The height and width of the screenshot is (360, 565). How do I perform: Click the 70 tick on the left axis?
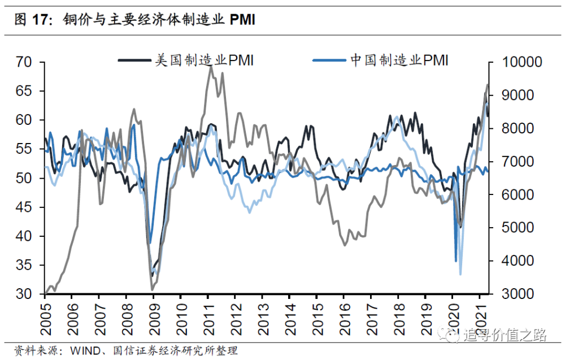coord(24,62)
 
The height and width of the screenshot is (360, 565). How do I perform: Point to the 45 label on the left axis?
coord(24,207)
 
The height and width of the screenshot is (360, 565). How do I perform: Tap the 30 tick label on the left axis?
coord(24,294)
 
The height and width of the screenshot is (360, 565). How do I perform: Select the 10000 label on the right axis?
coord(522,62)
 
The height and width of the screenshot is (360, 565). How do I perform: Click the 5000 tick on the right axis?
coord(518,228)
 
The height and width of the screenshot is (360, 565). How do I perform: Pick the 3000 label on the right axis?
coord(518,294)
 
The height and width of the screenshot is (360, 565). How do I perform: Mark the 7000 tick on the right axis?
coord(518,162)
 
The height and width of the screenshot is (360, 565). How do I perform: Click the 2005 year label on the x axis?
coord(46,319)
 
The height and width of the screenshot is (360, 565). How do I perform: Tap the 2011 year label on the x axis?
coord(209,319)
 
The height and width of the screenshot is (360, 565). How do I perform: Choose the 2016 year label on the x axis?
coord(345,319)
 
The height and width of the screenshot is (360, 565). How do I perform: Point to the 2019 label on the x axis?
coord(427,319)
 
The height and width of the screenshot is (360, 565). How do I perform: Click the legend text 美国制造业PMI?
coord(205,60)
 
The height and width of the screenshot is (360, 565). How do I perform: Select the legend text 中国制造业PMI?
coord(399,60)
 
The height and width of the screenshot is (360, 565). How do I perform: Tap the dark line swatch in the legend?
coord(134,60)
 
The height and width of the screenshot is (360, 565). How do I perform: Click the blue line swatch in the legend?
coord(329,60)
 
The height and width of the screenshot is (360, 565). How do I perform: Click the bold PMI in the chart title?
coord(242,19)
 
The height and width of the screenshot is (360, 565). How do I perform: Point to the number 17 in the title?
coord(40,19)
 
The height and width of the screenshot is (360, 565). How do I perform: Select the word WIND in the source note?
coord(85,350)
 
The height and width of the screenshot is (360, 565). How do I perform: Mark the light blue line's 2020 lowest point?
coord(460,275)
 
